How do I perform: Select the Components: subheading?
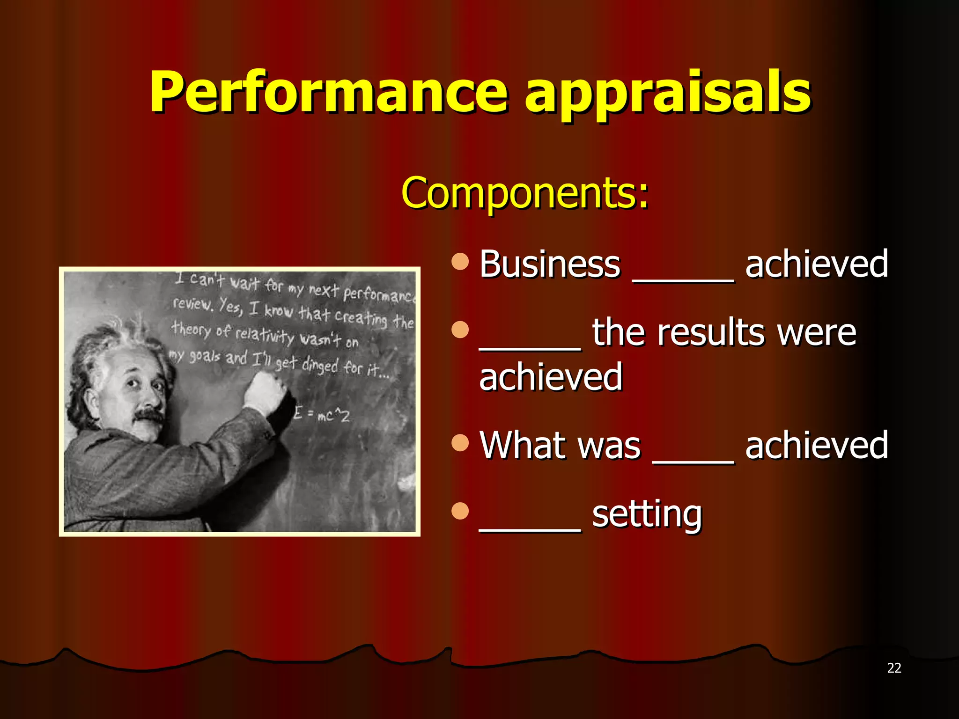point(525,192)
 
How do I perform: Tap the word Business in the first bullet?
point(550,264)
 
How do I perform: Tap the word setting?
point(647,514)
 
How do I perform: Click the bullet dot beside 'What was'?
point(460,442)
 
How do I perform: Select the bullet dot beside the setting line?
point(460,511)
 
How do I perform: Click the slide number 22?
point(894,668)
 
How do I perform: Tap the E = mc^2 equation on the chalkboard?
point(322,415)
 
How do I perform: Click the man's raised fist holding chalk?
point(265,391)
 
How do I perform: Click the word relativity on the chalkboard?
point(265,335)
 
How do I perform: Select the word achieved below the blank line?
point(551,377)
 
